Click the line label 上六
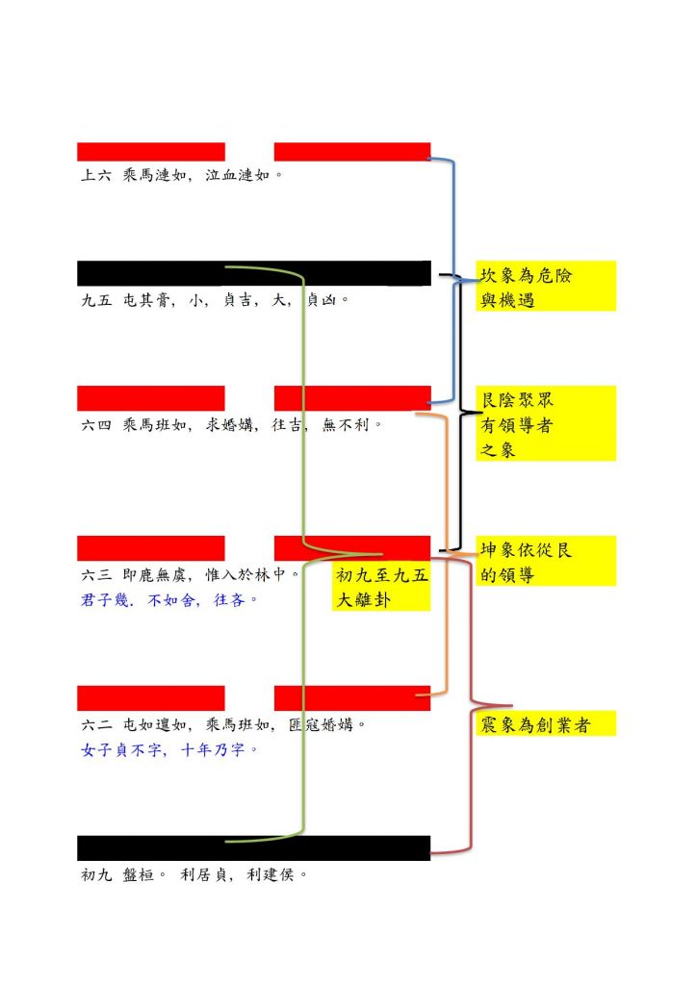point(96,175)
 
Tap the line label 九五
point(96,300)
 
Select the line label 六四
point(96,424)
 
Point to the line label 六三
point(96,574)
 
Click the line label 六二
point(96,724)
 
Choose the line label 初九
point(96,874)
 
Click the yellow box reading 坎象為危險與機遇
point(546,286)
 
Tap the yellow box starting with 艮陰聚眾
point(546,423)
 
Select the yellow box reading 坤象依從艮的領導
point(546,561)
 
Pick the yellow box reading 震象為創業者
point(546,723)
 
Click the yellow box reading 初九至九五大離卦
point(381,586)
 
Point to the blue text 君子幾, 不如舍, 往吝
point(168,600)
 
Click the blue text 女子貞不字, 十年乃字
point(168,749)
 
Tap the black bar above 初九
point(254,848)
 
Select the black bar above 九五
point(254,273)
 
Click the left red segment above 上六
point(151,151)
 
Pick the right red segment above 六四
point(352,398)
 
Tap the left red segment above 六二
point(151,698)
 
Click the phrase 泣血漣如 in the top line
point(238,175)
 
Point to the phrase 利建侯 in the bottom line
point(271,874)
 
